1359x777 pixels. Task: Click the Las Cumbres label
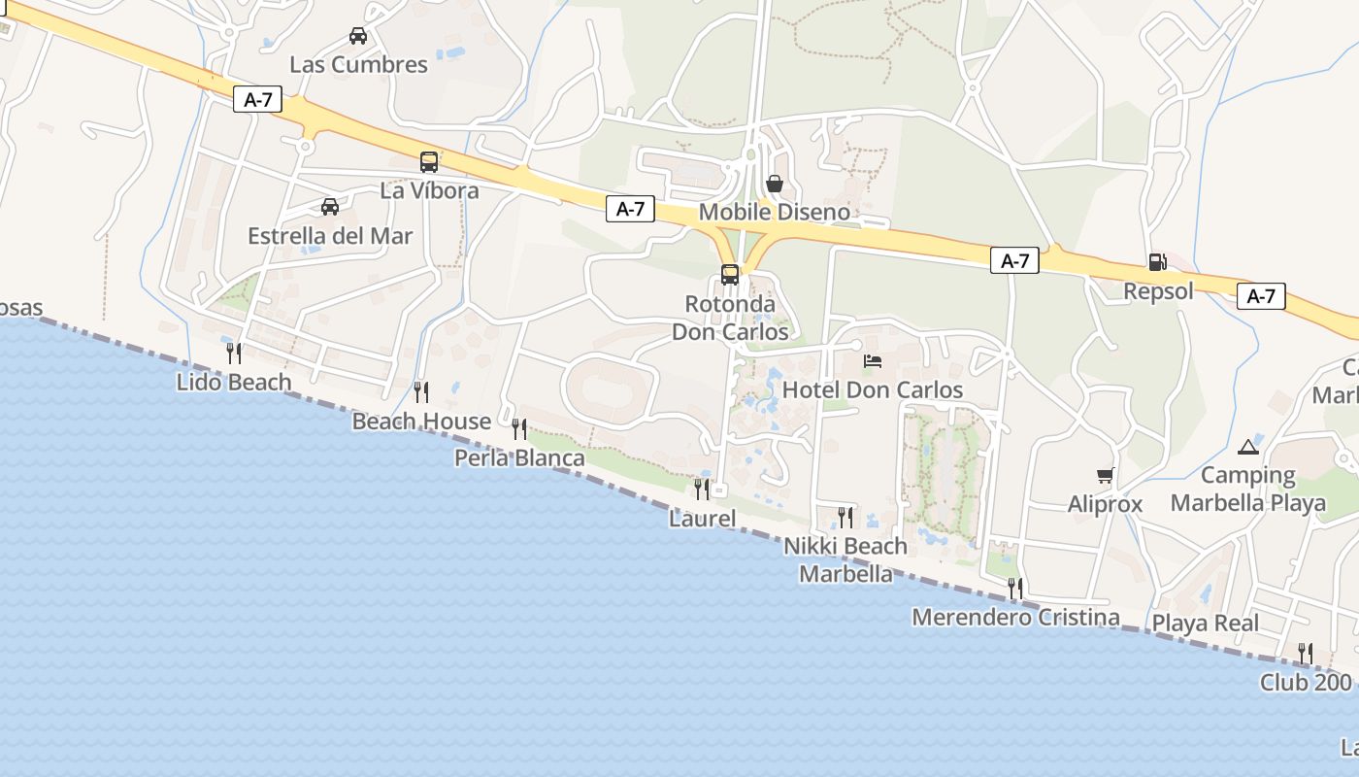(358, 65)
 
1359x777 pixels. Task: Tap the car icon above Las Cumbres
(358, 36)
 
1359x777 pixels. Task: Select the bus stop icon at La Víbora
(429, 162)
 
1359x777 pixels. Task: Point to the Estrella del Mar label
(330, 236)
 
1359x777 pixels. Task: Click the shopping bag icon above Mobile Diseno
(775, 183)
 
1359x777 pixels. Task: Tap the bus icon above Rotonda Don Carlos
(730, 275)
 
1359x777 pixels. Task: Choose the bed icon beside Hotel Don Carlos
(873, 362)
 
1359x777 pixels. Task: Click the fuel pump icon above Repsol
(1157, 262)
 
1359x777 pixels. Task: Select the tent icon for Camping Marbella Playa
(1247, 447)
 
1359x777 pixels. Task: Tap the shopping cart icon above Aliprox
(1105, 475)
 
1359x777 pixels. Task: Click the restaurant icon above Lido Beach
(234, 353)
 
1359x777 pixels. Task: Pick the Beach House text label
(421, 422)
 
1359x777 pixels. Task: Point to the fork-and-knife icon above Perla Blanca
(519, 428)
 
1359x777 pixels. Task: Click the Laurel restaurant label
(703, 519)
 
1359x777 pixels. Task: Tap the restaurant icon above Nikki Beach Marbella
(845, 517)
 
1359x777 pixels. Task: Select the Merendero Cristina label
(1015, 618)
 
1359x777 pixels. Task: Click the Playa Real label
(1205, 624)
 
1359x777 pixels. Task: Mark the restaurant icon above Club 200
(1306, 653)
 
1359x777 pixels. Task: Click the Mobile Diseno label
(775, 212)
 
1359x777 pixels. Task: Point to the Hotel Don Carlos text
(873, 390)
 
